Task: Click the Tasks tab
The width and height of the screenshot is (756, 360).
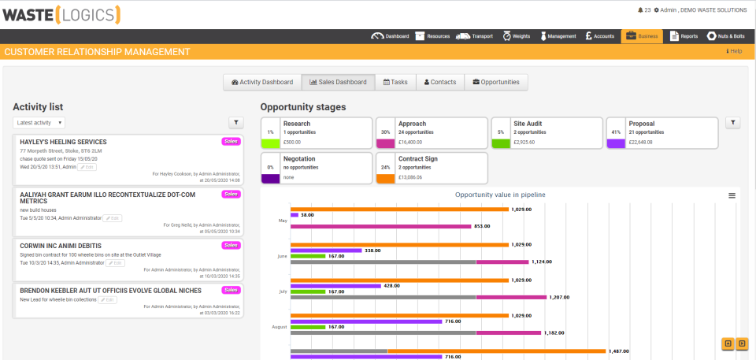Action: pyautogui.click(x=395, y=82)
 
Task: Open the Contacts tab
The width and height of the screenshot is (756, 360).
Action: pyautogui.click(x=440, y=82)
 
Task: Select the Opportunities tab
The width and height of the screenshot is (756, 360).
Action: pyautogui.click(x=495, y=82)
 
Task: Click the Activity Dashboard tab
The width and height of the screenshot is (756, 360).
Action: pyautogui.click(x=262, y=82)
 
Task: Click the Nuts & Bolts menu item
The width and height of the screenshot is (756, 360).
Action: pyautogui.click(x=725, y=36)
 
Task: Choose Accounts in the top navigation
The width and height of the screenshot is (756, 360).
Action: pyautogui.click(x=600, y=36)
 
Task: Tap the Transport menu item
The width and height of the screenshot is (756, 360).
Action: pyautogui.click(x=475, y=36)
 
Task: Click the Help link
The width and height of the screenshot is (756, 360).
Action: pyautogui.click(x=734, y=51)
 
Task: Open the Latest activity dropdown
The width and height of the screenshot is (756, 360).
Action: pyautogui.click(x=39, y=122)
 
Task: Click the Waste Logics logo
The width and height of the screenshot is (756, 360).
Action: pyautogui.click(x=61, y=13)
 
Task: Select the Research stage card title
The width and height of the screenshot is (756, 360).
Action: pyautogui.click(x=297, y=124)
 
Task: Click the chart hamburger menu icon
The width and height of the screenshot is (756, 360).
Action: pyautogui.click(x=732, y=195)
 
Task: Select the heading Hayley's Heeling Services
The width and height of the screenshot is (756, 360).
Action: pyautogui.click(x=63, y=142)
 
